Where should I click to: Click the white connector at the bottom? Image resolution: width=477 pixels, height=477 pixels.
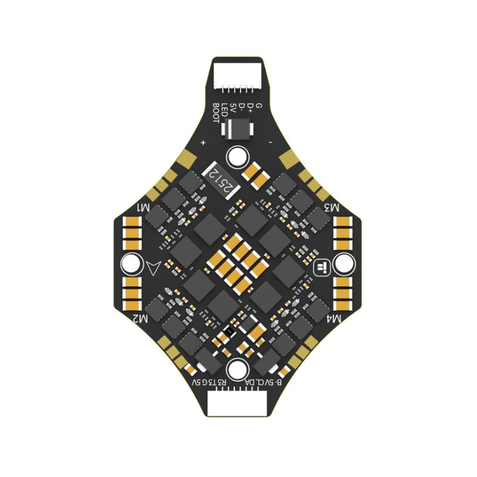[238, 405]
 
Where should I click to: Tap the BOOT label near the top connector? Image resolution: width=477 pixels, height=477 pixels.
[216, 113]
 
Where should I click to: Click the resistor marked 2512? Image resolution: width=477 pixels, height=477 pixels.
[220, 179]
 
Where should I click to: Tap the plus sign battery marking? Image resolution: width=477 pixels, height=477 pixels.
[203, 143]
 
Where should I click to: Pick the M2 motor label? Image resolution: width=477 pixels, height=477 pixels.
[141, 319]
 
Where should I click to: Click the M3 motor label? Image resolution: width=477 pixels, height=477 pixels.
[332, 208]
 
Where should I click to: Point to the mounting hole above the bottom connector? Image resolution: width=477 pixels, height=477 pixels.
[237, 368]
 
